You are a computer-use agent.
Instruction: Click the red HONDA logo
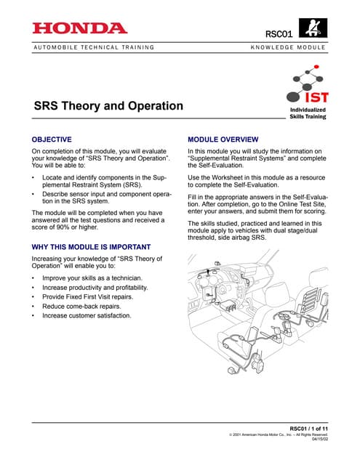click(80, 28)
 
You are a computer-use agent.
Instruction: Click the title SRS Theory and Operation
click(108, 106)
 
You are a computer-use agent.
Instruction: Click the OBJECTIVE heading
click(52, 138)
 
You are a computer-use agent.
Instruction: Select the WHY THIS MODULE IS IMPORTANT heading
click(92, 248)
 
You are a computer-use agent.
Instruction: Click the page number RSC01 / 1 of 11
click(308, 428)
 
